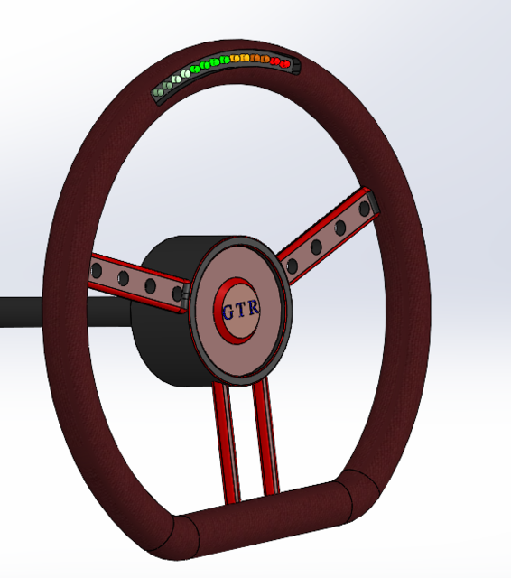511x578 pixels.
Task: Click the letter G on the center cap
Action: click(x=227, y=311)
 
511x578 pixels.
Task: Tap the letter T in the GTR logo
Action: click(x=241, y=309)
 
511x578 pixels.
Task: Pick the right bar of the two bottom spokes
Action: click(x=267, y=433)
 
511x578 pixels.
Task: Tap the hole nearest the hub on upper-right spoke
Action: click(x=293, y=266)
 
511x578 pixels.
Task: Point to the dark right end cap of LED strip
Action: click(x=296, y=65)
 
